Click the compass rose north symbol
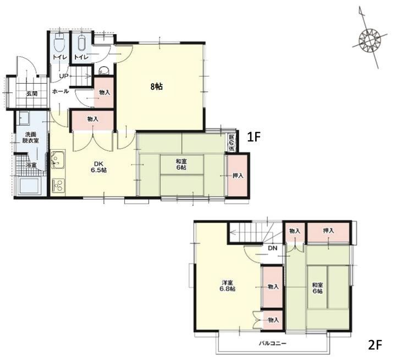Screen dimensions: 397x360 370,38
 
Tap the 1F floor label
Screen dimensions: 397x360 253,137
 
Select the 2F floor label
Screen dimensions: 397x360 374,345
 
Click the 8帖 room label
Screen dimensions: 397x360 157,87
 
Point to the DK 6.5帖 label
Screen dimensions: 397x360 99,167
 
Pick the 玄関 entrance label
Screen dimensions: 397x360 32,93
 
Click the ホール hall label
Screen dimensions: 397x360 60,91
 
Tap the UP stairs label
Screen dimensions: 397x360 64,76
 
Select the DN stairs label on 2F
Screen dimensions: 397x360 272,248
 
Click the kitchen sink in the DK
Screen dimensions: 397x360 58,160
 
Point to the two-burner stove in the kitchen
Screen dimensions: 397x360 58,185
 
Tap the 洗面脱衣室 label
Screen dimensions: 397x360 30,137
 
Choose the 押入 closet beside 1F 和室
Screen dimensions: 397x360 238,175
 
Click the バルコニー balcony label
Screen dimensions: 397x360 272,344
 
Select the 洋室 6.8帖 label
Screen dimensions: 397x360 227,286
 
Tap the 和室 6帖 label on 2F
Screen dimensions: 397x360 317,288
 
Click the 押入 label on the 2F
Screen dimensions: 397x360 328,231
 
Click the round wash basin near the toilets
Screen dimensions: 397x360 103,70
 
